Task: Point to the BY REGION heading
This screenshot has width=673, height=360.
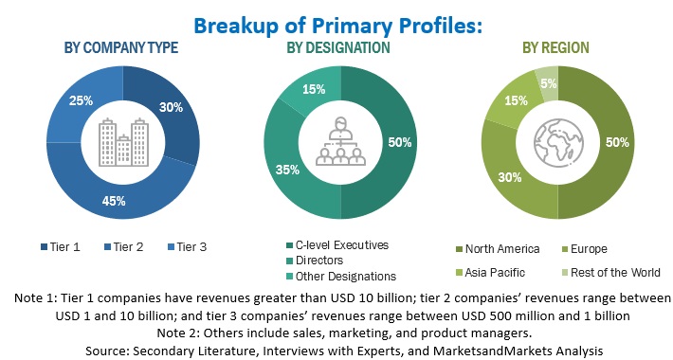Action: pos(556,47)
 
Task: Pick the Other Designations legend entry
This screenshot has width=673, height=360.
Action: pos(347,276)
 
